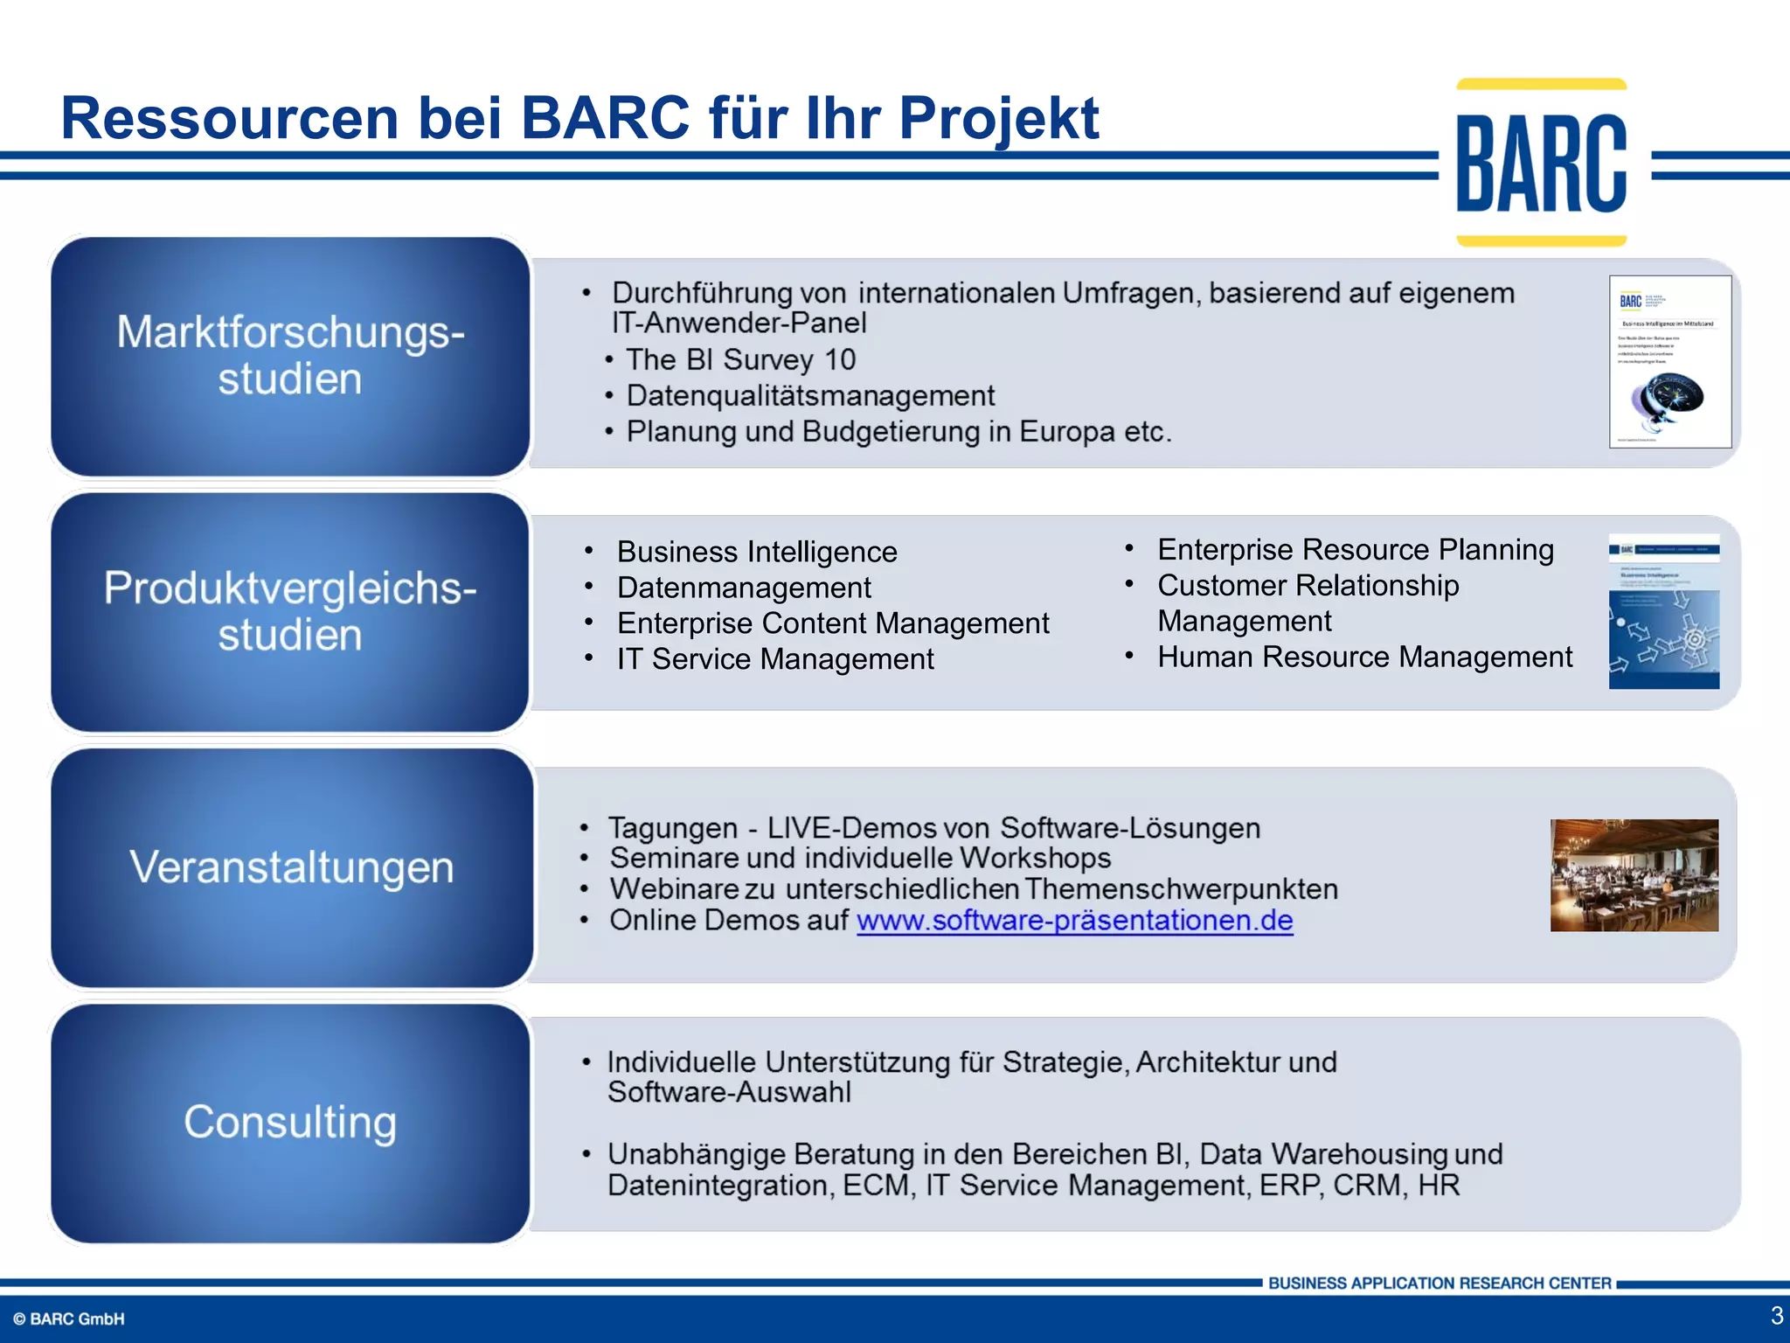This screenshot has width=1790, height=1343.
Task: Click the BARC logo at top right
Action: pos(1541,163)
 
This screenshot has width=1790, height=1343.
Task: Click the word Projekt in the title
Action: pos(998,118)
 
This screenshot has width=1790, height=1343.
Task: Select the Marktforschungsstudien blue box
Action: pos(290,356)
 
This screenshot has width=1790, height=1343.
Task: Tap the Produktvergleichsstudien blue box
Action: pos(290,612)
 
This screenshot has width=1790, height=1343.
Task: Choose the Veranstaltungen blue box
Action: pos(292,867)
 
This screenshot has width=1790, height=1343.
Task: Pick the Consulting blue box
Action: pos(290,1123)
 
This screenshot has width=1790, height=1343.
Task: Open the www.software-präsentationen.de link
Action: pos(1074,921)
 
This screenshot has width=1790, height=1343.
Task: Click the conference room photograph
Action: pos(1634,874)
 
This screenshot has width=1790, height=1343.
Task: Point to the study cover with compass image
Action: pos(1669,361)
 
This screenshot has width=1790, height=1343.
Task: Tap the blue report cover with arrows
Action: pos(1663,611)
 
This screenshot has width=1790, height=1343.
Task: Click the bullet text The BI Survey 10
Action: pos(740,359)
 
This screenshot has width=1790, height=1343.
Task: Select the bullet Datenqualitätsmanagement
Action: pos(810,396)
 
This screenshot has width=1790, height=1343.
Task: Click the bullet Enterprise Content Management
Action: pos(832,623)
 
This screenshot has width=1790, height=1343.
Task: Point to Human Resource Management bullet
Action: pos(1363,657)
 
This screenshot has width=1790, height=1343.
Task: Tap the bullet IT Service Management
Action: pos(774,659)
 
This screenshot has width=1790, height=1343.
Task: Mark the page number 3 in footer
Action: pos(1775,1316)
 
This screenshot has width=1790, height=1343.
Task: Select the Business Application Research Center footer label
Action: pos(1439,1284)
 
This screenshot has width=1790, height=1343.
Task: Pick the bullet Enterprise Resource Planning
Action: pos(1355,550)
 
